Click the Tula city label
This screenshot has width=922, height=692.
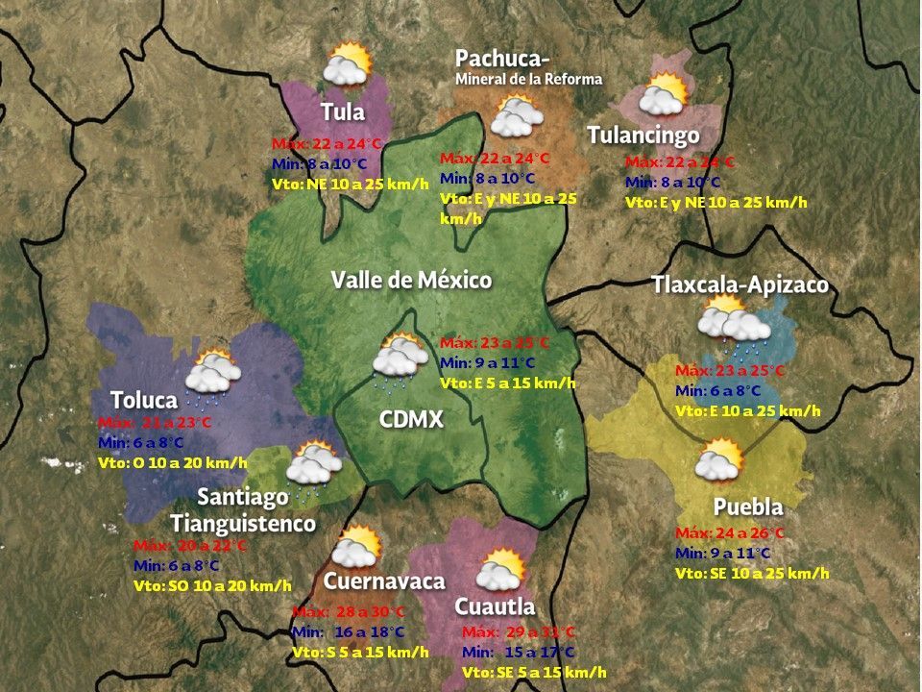point(343,111)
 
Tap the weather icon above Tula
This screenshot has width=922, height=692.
point(346,65)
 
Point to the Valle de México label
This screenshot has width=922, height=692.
point(411,280)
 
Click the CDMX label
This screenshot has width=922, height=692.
point(410,420)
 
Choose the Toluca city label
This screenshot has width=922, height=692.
point(144,400)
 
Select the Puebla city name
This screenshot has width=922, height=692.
point(748,507)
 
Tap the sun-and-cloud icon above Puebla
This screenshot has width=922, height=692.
point(719,461)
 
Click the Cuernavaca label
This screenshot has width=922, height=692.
point(384,581)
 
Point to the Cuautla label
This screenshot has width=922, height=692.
point(495,606)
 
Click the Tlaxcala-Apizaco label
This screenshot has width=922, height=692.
point(740,285)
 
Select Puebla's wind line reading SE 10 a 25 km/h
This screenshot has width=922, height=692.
point(752,573)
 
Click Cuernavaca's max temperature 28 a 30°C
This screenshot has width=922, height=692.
point(348,612)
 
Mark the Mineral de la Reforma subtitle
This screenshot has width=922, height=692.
point(528,79)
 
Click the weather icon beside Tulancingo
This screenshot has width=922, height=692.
point(664,96)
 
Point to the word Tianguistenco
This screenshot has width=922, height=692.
point(243,524)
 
